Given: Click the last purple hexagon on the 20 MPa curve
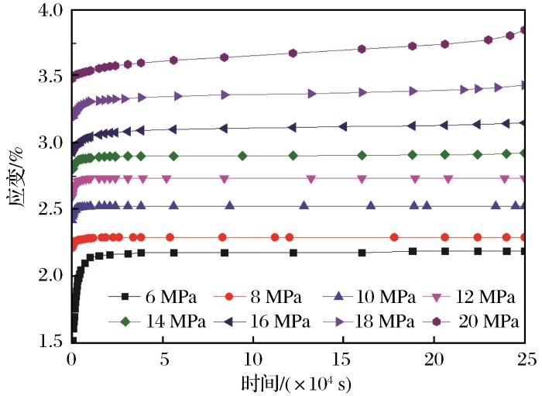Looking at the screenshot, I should click(x=524, y=30).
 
